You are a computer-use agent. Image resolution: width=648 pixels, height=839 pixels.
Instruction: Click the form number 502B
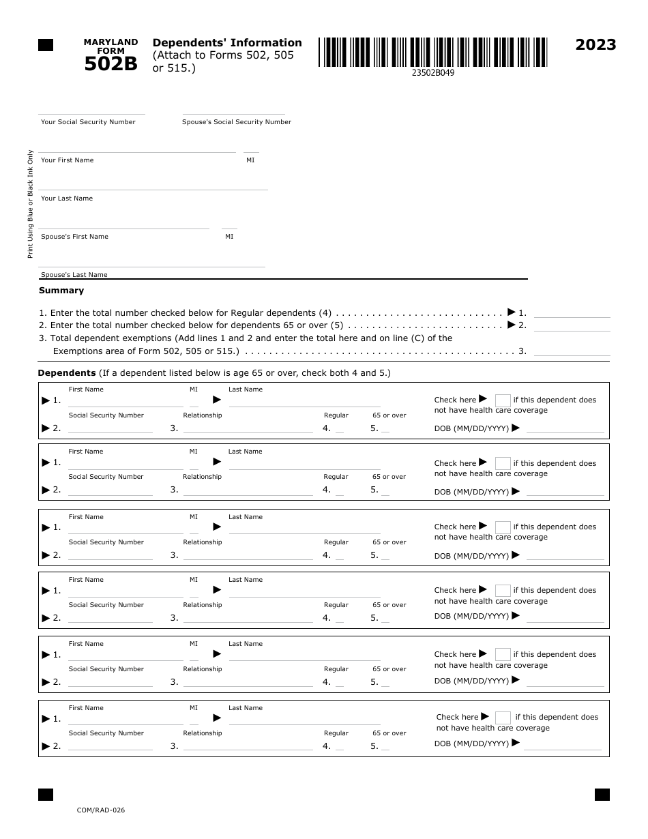pos(111,64)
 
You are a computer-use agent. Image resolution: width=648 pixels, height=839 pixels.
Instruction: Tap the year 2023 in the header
pos(595,45)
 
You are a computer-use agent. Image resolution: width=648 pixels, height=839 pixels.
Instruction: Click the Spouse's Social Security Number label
pos(236,122)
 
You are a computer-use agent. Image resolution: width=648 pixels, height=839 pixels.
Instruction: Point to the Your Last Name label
pos(67,198)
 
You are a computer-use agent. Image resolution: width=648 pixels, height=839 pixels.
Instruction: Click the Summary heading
pos(61,291)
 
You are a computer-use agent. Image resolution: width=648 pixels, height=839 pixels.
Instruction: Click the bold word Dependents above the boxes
pos(67,373)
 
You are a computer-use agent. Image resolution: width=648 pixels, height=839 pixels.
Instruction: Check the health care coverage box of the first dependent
pos(503,400)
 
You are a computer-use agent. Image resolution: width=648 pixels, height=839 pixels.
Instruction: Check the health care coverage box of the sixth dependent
pos(503,718)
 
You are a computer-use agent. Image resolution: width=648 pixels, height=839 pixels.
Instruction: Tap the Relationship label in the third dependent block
pos(202,542)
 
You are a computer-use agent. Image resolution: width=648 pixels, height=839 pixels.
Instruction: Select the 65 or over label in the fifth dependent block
pos(389,669)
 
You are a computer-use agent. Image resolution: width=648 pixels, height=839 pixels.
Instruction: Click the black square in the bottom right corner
pos(602,795)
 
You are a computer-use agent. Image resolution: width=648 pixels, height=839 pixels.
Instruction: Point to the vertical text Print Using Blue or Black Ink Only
pos(30,203)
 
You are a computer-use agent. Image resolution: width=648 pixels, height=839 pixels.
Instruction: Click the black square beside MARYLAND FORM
pos(46,46)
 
